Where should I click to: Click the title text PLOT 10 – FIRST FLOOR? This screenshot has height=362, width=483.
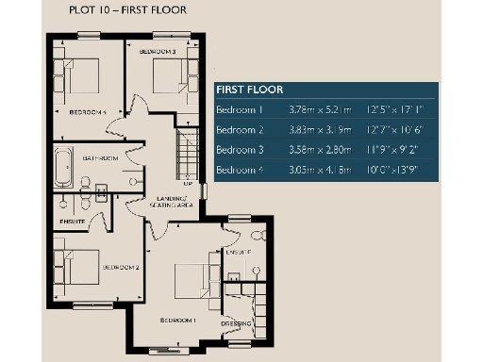pyautogui.click(x=128, y=10)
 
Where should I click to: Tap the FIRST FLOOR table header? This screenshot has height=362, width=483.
pyautogui.click(x=248, y=90)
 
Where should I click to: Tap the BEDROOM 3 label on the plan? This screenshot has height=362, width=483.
pyautogui.click(x=158, y=50)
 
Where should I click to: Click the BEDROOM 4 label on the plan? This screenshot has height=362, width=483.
pyautogui.click(x=88, y=111)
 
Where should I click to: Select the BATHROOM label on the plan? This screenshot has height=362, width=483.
pyautogui.click(x=101, y=158)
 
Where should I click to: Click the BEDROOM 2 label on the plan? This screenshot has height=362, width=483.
pyautogui.click(x=121, y=267)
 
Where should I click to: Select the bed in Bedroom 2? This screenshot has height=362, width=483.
pyautogui.click(x=75, y=264)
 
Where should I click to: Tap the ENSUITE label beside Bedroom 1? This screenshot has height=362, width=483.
pyautogui.click(x=237, y=253)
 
